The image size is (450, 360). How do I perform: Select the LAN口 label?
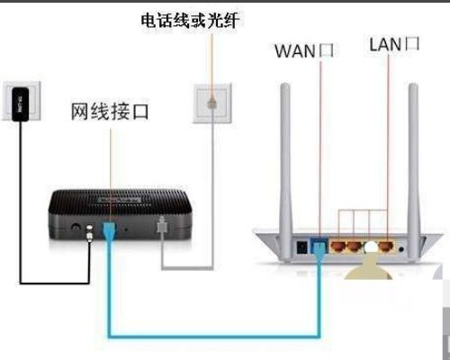point(394,44)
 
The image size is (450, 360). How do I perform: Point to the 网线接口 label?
point(111,112)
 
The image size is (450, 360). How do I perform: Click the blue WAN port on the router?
point(319,243)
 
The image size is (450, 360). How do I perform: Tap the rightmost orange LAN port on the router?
point(386,243)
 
